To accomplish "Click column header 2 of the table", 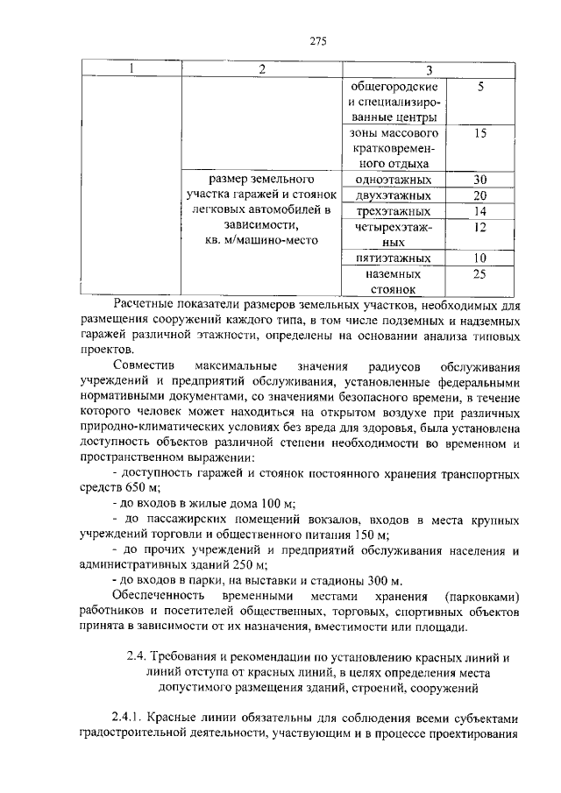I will [261, 70].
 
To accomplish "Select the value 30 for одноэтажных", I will [479, 180].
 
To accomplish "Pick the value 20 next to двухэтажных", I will [479, 195].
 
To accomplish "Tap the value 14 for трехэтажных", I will [479, 211].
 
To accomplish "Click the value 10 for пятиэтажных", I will [479, 258].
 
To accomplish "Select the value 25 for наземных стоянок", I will [479, 274].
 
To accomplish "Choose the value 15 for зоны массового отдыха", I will [479, 133].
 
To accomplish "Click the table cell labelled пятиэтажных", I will [392, 258].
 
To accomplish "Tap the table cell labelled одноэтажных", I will [392, 180].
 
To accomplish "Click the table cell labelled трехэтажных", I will [392, 211].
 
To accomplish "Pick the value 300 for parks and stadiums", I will [379, 581].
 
